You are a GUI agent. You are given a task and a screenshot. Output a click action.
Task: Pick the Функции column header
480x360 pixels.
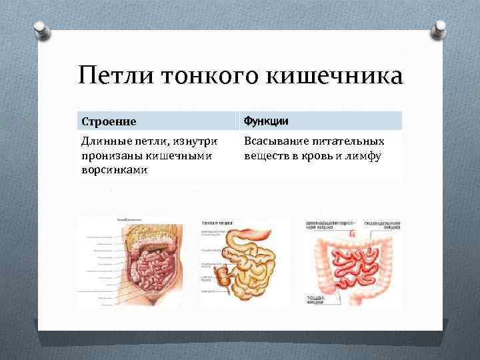click(x=266, y=121)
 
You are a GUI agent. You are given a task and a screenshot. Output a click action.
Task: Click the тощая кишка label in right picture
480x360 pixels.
click(x=317, y=298)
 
